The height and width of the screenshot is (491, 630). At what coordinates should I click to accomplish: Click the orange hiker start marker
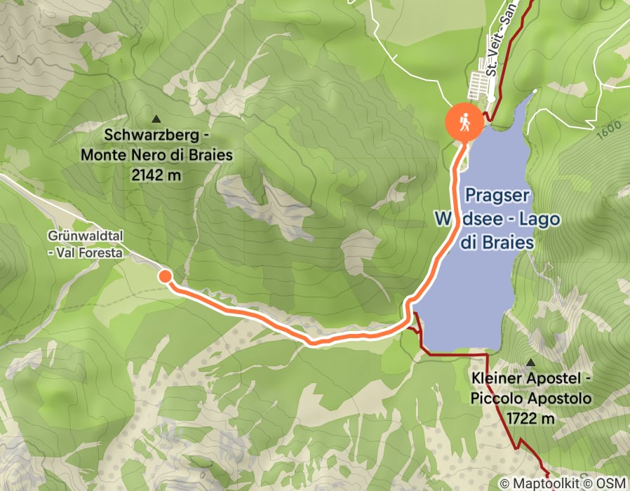click(x=464, y=123)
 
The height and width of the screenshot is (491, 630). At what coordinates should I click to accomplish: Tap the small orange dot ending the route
click(x=165, y=276)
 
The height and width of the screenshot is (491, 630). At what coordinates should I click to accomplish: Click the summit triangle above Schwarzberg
click(x=155, y=119)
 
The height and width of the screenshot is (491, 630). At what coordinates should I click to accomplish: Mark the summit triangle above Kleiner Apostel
click(x=531, y=363)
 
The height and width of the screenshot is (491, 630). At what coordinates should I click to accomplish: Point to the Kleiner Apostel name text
click(x=532, y=379)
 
